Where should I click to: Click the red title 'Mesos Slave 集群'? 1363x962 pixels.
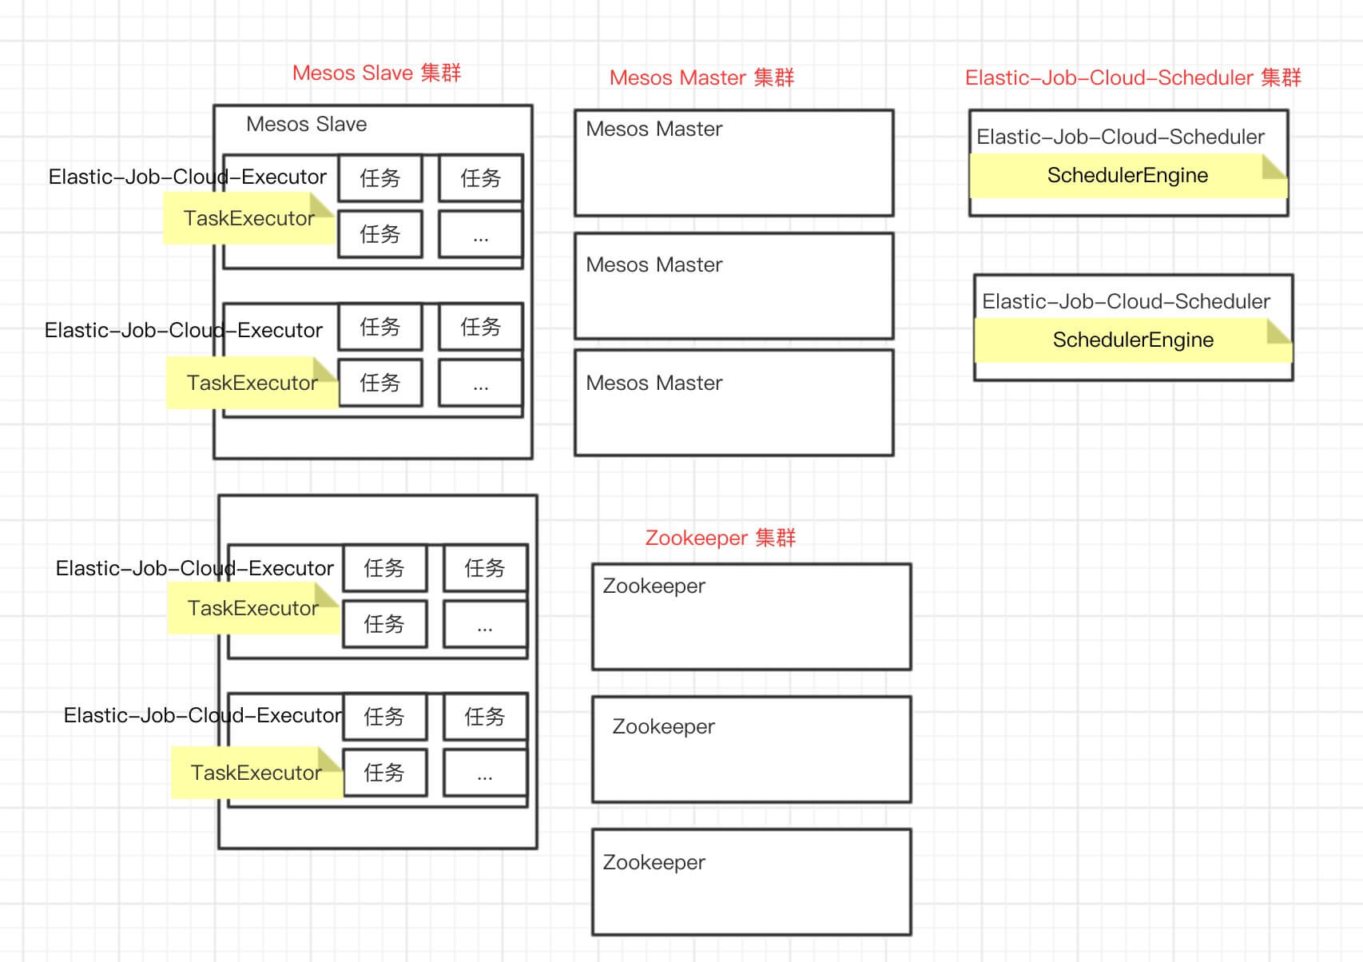376,73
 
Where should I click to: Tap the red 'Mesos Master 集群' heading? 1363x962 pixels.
701,78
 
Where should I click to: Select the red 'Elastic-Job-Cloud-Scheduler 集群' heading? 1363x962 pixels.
1133,78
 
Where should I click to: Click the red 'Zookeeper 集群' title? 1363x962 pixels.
720,538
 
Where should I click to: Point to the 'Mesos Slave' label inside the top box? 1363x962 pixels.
306,124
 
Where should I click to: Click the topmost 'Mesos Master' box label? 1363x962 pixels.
654,129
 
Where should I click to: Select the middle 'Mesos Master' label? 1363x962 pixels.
654,264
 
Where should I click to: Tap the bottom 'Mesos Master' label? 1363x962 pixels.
654,383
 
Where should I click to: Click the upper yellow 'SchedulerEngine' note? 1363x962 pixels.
1127,176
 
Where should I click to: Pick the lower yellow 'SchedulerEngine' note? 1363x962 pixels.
1133,340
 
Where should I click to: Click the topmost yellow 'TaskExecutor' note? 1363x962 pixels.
248,218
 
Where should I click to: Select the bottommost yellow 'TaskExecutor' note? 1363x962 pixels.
256,773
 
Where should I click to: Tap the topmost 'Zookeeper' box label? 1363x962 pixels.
654,586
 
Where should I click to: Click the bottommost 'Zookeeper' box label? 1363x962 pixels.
654,862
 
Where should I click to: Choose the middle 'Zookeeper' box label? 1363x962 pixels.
663,726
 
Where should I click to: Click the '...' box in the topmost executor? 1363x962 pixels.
480,235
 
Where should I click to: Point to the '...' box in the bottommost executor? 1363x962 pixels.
485,773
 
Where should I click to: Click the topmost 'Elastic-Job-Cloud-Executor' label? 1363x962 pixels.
188,177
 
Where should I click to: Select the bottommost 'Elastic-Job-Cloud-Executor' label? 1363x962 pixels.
202,715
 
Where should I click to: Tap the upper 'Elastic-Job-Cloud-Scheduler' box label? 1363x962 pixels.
1120,137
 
